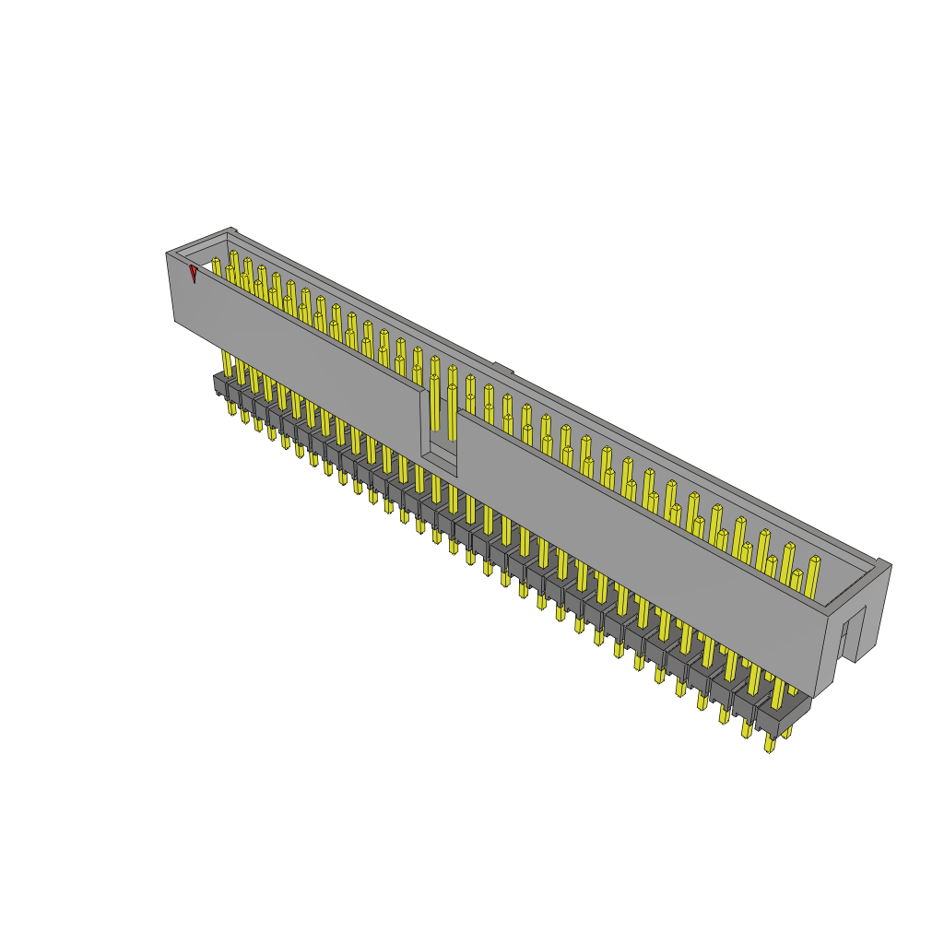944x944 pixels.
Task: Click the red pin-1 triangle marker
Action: pyautogui.click(x=194, y=274)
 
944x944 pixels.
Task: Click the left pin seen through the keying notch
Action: pyautogui.click(x=434, y=406)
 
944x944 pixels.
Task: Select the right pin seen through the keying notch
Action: pyautogui.click(x=452, y=410)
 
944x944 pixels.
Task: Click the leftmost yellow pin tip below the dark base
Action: pyautogui.click(x=231, y=407)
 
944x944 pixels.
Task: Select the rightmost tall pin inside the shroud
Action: pyautogui.click(x=813, y=576)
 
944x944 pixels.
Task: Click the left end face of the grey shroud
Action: pyautogui.click(x=183, y=290)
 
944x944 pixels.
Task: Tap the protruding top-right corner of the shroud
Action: pyautogui.click(x=883, y=564)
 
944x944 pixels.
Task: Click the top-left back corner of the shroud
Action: pyautogui.click(x=230, y=231)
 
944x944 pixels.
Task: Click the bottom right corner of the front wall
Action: pyautogui.click(x=816, y=693)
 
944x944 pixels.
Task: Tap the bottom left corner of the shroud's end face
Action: pyautogui.click(x=175, y=320)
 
